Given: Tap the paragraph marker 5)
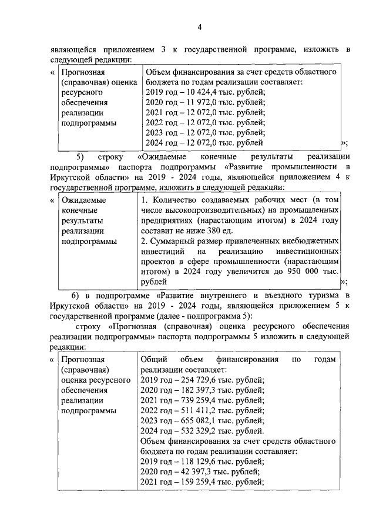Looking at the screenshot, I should (x=80, y=156).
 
